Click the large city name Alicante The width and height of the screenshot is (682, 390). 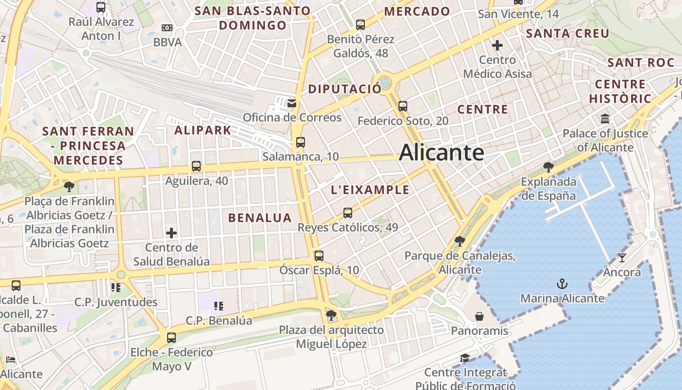441,153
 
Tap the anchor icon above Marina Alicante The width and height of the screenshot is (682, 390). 562,283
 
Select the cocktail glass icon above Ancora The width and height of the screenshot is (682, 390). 622,257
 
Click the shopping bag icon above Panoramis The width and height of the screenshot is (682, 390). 479,316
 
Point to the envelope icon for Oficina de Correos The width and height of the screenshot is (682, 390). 292,103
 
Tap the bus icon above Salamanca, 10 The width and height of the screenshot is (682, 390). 300,142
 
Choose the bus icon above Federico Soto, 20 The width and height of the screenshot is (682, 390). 402,106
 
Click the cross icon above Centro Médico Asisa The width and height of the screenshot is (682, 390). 497,45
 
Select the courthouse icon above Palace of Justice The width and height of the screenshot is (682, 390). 605,118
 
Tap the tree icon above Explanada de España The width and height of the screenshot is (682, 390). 549,167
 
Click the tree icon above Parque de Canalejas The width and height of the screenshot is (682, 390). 459,241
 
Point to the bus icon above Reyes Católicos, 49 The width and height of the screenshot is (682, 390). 347,213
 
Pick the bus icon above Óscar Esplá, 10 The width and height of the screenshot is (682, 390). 319,255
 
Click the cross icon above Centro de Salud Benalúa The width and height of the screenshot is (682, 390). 171,233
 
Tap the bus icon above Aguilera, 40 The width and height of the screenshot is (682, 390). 196,166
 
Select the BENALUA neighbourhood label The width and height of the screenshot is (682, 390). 260,218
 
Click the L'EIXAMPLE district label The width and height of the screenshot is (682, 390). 370,190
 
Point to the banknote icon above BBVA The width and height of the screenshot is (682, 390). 167,28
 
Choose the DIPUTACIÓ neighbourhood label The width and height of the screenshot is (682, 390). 344,89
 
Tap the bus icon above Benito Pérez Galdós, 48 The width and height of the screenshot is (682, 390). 360,24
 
